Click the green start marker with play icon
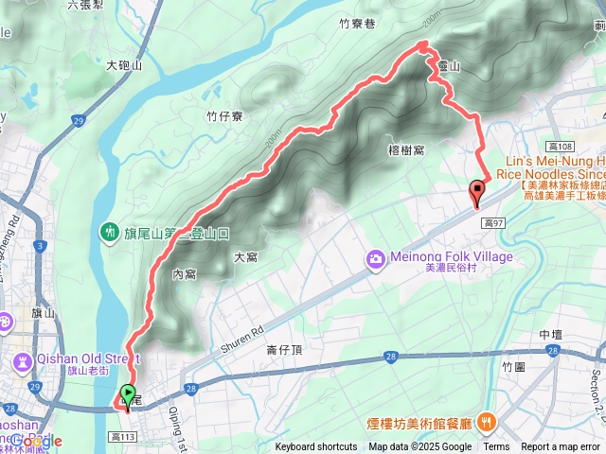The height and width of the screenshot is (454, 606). pos(128,394)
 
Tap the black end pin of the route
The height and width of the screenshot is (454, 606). pos(475,192)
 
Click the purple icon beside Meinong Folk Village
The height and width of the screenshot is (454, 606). pos(376,258)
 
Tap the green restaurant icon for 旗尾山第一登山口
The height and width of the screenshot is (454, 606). pos(111,232)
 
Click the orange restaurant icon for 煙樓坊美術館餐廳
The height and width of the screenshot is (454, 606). pos(486,420)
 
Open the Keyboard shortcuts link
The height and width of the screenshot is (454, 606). pos(316,447)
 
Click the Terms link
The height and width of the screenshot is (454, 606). pos(496,447)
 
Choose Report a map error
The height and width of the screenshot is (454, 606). pos(561,447)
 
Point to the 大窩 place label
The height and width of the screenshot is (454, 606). pos(246,256)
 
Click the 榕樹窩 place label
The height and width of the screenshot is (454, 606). pos(404,149)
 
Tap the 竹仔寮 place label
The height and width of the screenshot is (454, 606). pos(225,115)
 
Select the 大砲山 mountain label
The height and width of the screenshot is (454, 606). pos(124,65)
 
